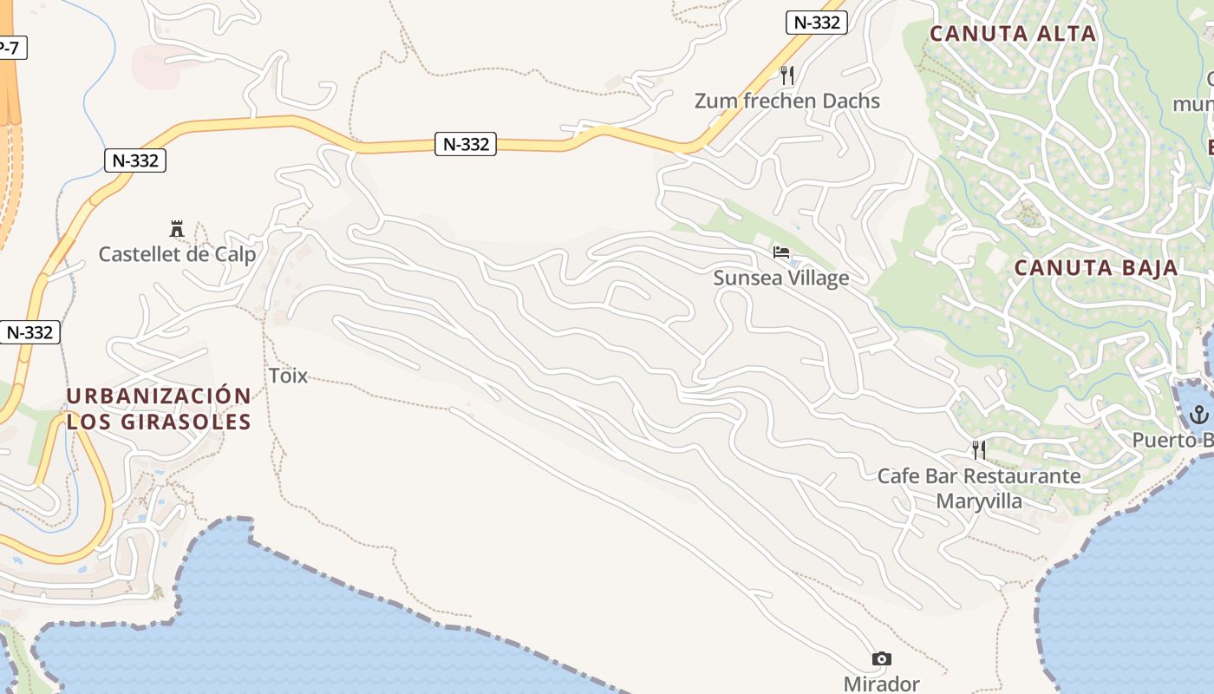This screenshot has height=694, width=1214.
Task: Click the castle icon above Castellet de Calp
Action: pyautogui.click(x=177, y=229)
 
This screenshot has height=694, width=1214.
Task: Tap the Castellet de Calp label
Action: pyautogui.click(x=177, y=254)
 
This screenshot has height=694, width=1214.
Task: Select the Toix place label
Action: pyautogui.click(x=288, y=376)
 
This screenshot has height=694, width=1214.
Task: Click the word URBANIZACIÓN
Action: pyautogui.click(x=159, y=396)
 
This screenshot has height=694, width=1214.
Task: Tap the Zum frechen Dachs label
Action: pyautogui.click(x=786, y=101)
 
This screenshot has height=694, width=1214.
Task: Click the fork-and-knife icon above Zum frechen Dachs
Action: pyautogui.click(x=786, y=75)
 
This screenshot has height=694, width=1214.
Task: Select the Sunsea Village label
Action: pyautogui.click(x=780, y=278)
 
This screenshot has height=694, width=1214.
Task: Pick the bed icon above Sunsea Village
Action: pyautogui.click(x=781, y=252)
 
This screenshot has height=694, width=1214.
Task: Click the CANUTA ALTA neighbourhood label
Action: pyautogui.click(x=1013, y=34)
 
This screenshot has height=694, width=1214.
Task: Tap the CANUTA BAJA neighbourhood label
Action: pyautogui.click(x=1096, y=268)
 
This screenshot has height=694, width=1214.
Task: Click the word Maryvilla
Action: pyautogui.click(x=979, y=501)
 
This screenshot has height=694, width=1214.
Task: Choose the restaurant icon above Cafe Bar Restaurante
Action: pyautogui.click(x=979, y=449)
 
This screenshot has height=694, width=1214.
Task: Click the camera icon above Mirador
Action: pyautogui.click(x=881, y=659)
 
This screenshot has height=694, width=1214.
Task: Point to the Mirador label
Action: pyautogui.click(x=881, y=684)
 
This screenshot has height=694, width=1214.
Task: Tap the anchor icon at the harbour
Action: pyautogui.click(x=1199, y=414)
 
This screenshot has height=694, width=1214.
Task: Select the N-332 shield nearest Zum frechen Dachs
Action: pyautogui.click(x=816, y=23)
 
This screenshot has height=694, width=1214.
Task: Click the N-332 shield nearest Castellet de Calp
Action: pyautogui.click(x=135, y=160)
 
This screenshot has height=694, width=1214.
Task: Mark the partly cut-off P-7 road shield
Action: pyautogui.click(x=10, y=48)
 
